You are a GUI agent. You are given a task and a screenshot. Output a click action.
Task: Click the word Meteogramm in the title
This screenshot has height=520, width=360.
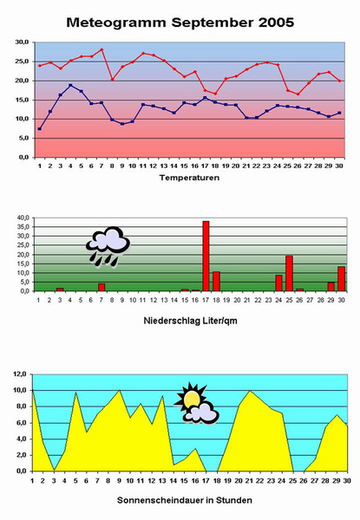point(116,23)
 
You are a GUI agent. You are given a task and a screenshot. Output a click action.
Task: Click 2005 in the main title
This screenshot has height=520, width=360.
point(276,23)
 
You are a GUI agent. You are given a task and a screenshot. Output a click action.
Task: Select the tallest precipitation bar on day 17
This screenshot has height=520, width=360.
point(206,256)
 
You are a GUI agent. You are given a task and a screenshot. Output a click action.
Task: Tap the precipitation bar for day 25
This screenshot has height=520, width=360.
point(289,273)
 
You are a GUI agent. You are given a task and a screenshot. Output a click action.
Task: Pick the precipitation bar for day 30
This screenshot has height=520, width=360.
point(342,279)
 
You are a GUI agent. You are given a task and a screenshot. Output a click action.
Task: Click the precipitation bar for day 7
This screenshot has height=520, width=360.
point(101,288)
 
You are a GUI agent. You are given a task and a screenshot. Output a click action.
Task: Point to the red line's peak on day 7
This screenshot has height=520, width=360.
point(101,49)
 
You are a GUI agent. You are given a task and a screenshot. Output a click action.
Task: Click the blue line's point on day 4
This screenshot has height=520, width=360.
point(70,85)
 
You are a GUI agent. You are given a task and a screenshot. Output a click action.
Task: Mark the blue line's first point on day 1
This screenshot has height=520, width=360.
point(40,128)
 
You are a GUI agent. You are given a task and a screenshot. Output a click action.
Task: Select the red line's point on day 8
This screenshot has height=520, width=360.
point(113,79)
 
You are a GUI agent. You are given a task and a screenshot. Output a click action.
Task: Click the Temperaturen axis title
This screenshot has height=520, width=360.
point(189,178)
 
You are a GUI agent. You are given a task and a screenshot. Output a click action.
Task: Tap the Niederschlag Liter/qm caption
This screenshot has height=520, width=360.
point(191,321)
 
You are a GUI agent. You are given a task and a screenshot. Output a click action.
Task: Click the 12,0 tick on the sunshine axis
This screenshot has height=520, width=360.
point(20,374)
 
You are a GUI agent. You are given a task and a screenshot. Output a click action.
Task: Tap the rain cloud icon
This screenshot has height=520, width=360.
point(108,246)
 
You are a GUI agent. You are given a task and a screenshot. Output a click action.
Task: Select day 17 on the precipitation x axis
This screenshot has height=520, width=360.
point(206,300)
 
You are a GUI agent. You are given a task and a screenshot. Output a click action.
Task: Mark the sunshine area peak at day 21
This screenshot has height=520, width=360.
point(250,392)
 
